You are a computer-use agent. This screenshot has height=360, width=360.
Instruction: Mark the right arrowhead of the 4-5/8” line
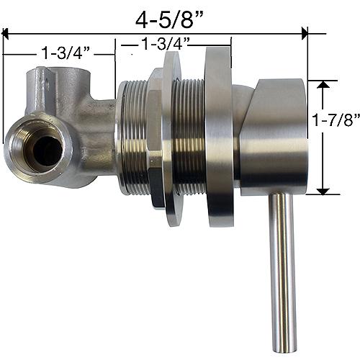304,32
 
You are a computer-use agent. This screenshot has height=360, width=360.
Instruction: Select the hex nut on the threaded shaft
156,137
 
